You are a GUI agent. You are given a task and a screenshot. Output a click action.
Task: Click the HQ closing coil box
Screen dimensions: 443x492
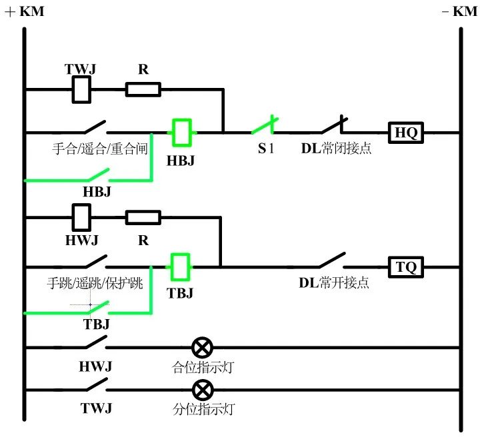pyautogui.click(x=406, y=133)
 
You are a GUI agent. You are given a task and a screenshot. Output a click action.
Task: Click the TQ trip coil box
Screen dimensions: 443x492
pyautogui.click(x=406, y=268)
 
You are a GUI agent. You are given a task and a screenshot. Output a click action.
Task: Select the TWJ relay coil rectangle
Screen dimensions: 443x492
pyautogui.click(x=81, y=89)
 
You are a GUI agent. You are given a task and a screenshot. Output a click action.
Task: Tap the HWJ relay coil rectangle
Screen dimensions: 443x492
pyautogui.click(x=81, y=217)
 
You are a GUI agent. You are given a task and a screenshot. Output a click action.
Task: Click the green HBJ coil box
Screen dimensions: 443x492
pyautogui.click(x=182, y=132)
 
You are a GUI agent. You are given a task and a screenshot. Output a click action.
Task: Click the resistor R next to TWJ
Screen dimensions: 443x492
pyautogui.click(x=143, y=89)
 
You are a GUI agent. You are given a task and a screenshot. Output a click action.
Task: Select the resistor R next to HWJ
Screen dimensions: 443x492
pyautogui.click(x=143, y=217)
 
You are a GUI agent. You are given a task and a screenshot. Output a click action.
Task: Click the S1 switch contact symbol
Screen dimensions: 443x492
pyautogui.click(x=263, y=126)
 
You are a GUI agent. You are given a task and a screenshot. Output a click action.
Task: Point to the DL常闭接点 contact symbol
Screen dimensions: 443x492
pyautogui.click(x=333, y=126)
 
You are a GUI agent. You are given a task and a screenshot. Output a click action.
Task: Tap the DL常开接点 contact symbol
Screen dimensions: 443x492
pyautogui.click(x=331, y=260)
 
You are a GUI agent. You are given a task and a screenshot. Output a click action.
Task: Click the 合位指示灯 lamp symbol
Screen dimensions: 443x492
pyautogui.click(x=202, y=347)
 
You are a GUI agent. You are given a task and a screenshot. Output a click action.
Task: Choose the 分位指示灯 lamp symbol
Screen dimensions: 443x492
pyautogui.click(x=202, y=389)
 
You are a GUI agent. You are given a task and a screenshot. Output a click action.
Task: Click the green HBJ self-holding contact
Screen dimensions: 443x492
pyautogui.click(x=96, y=175)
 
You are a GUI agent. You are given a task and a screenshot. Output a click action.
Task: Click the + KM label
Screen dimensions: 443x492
pyautogui.click(x=25, y=11)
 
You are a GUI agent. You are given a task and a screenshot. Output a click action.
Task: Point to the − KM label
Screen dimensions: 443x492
pyautogui.click(x=459, y=11)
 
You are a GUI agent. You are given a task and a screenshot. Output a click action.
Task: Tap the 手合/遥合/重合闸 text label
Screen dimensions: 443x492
pyautogui.click(x=99, y=149)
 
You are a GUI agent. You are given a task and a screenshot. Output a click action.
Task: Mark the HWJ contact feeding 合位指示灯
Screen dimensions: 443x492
pyautogui.click(x=93, y=342)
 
